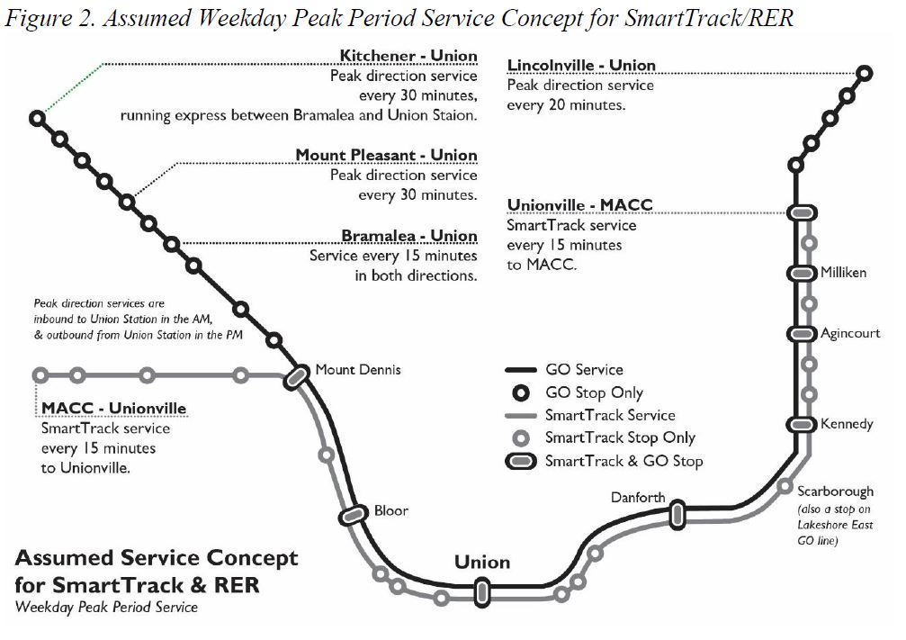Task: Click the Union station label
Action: [482, 563]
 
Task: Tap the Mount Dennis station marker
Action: [296, 379]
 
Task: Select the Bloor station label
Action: [391, 510]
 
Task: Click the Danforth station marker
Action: [677, 514]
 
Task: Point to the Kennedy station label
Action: [847, 424]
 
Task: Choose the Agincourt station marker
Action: [801, 333]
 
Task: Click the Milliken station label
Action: [843, 273]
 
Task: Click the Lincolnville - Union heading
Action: [581, 66]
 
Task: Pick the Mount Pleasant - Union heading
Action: [387, 156]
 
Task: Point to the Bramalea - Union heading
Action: [409, 236]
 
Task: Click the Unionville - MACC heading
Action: [579, 205]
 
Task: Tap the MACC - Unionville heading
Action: [114, 409]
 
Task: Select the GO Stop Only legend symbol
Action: [521, 393]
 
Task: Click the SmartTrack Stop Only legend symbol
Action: [521, 438]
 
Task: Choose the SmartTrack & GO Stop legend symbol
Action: [521, 461]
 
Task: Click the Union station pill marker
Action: [482, 591]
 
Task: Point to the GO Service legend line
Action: [521, 370]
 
